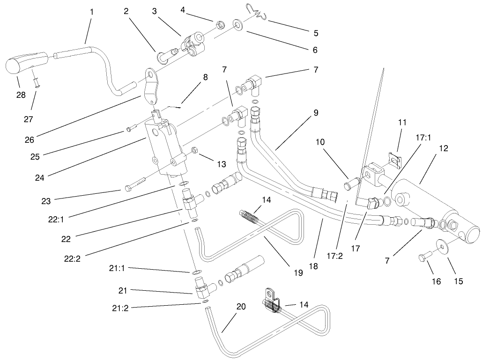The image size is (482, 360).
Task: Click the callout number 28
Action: (21, 95)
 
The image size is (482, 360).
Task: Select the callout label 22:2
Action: (72, 259)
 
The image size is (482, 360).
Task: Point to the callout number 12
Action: (444, 148)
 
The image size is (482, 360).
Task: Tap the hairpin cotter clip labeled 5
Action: (257, 13)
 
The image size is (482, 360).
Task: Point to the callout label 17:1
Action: (423, 138)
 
